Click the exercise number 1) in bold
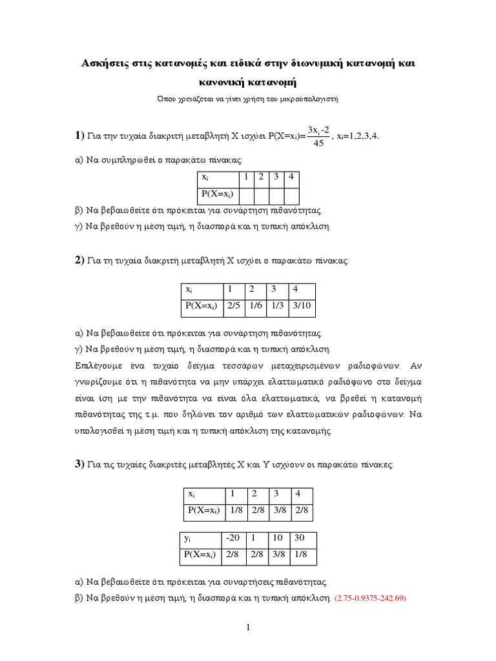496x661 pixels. point(79,136)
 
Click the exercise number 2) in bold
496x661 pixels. point(79,260)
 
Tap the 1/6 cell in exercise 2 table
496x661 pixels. point(254,307)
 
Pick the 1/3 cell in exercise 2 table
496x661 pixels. point(276,307)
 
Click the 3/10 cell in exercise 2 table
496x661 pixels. point(302,307)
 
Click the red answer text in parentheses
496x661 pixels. point(369,598)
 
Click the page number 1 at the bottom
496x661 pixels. point(248,627)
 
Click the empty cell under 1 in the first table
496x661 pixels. point(246,196)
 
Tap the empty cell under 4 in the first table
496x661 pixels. point(291,196)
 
